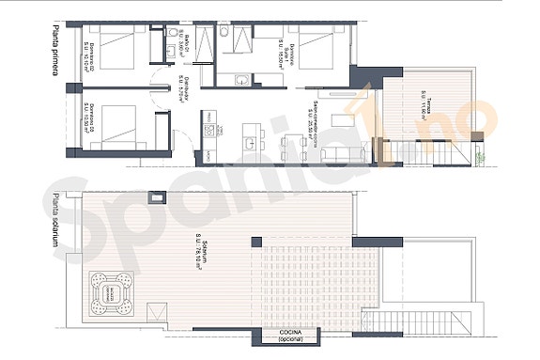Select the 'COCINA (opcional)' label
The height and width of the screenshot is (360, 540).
pos(288,336)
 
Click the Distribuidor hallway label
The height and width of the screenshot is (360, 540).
pos(187,86)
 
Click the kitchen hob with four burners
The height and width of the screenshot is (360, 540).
pos(209,128)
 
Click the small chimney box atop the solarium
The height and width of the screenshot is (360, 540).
pos(159,196)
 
